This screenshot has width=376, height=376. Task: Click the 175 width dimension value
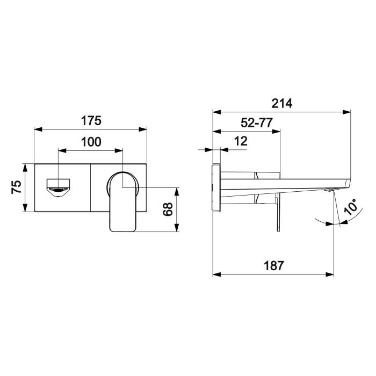[91, 120]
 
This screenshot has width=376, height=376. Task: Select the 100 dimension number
[91, 142]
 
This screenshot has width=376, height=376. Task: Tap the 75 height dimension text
[16, 187]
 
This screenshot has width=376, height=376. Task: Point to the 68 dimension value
[168, 209]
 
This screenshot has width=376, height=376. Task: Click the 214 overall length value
[281, 104]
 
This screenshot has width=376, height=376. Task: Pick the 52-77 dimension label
[256, 123]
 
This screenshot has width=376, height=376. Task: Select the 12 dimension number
[241, 141]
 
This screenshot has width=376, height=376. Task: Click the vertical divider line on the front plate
[91, 187]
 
